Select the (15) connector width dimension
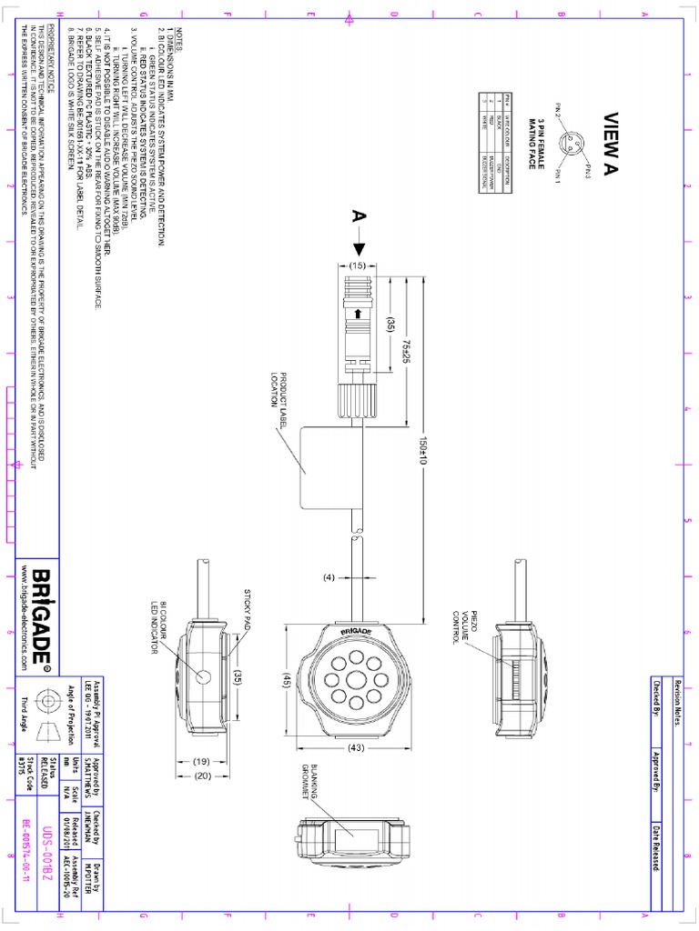coord(359,265)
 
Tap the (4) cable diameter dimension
coord(329,576)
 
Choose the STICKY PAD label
coord(246,608)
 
